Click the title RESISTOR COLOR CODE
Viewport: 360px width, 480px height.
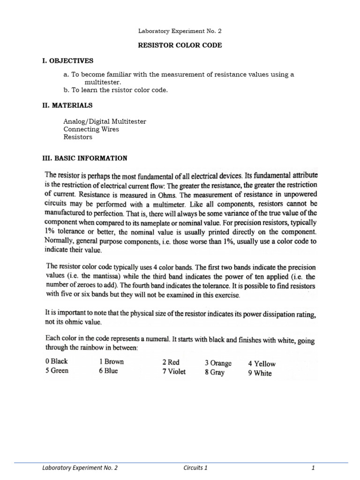pos(180,45)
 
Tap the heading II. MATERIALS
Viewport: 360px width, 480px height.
pos(67,105)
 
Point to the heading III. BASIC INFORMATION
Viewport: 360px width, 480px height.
pos(85,158)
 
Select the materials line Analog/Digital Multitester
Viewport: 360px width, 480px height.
pos(105,121)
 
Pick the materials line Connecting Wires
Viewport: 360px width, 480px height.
pos(91,129)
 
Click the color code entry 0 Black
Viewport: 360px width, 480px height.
pos(57,361)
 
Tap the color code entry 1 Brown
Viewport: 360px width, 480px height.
pos(111,362)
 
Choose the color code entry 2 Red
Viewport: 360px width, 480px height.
pos(171,362)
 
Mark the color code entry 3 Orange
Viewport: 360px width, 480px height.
pos(218,363)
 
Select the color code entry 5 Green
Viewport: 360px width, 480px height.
pos(57,371)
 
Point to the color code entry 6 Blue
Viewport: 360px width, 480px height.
pos(108,371)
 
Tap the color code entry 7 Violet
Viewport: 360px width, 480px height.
pos(174,372)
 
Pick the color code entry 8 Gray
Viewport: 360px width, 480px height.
pos(215,373)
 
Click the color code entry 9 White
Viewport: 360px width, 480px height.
pos(260,374)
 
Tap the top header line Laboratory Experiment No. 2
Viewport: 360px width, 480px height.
pos(180,31)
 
